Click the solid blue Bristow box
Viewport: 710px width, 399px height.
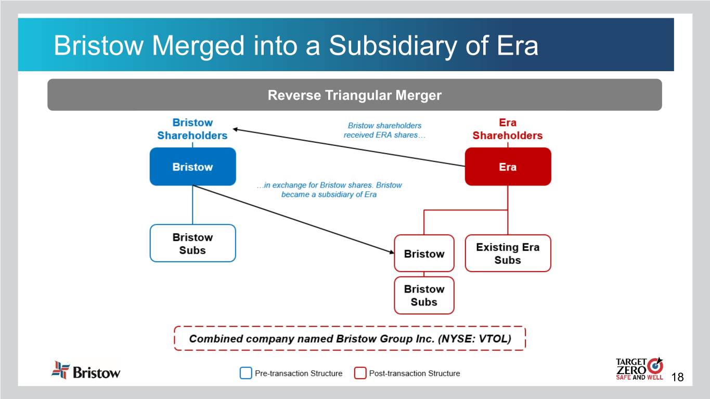(192, 167)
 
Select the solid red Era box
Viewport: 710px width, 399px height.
(508, 167)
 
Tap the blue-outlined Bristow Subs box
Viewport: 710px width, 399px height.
(192, 243)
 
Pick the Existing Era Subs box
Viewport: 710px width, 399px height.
(508, 254)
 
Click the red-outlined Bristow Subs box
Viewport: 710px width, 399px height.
(424, 296)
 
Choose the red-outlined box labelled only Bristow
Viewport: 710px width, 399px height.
(424, 254)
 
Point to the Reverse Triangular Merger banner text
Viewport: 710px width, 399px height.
(354, 95)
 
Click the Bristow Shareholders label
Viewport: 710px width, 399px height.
(192, 129)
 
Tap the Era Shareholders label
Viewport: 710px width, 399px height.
(508, 129)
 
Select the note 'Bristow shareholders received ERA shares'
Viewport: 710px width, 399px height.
(384, 130)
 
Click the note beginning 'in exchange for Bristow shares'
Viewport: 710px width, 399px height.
(329, 190)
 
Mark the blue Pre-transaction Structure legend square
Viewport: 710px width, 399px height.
(246, 373)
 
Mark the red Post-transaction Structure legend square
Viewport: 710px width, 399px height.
(360, 373)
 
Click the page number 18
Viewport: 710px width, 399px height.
(677, 377)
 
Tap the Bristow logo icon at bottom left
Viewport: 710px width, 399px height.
(60, 369)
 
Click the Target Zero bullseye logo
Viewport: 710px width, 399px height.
(655, 366)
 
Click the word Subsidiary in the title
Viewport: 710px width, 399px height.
(392, 46)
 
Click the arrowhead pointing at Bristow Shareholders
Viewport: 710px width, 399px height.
(235, 129)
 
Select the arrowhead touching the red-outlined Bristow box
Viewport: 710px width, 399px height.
(392, 252)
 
